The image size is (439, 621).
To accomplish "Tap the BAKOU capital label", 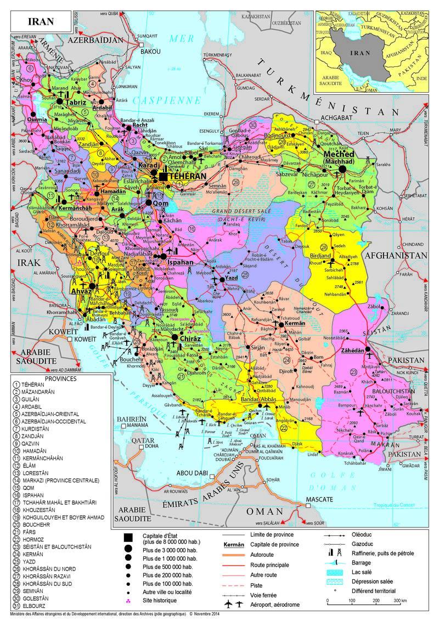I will pyautogui.click(x=150, y=51).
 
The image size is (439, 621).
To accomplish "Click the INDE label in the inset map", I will pyautogui.click(x=421, y=78).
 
